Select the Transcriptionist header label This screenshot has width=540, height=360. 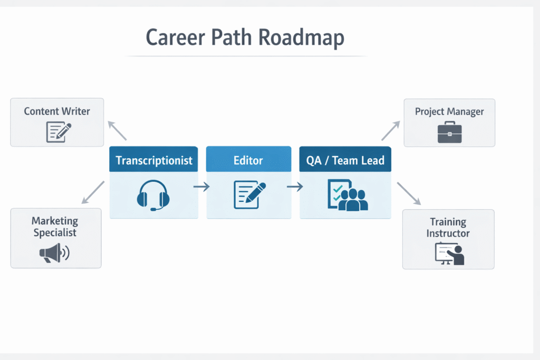point(154,160)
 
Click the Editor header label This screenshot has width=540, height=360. point(248,160)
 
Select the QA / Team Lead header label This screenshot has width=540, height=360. point(345,160)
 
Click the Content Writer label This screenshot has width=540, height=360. point(57,111)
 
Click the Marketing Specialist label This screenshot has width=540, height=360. point(55,227)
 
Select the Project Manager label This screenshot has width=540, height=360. point(449,111)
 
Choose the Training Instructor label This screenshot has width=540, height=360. point(448,227)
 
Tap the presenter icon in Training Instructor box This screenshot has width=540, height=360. point(449,254)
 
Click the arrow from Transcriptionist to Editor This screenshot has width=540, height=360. point(202,187)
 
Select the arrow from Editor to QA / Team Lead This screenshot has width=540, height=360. point(295,187)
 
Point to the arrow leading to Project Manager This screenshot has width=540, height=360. point(391,130)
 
